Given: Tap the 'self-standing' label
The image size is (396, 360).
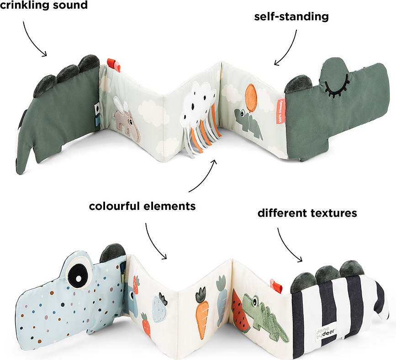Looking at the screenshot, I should pos(292,17).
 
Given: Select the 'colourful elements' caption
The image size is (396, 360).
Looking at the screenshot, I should pos(142,206).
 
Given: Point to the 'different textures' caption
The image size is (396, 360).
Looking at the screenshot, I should pos(307,213).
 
